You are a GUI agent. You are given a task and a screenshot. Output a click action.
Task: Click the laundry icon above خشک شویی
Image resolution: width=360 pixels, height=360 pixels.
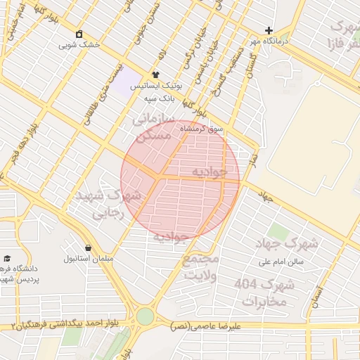pyautogui.click(x=79, y=34)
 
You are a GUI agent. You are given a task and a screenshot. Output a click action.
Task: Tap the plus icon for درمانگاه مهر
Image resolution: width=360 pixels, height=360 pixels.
pyautogui.click(x=269, y=31)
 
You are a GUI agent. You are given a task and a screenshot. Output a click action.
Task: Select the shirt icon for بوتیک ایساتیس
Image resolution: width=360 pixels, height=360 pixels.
pyautogui.click(x=155, y=75)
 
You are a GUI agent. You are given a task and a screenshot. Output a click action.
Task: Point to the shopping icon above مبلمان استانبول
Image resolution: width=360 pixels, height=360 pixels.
pyautogui.click(x=88, y=247)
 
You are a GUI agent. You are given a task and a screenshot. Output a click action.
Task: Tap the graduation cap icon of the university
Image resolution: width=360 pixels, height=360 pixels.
pyautogui.click(x=7, y=258)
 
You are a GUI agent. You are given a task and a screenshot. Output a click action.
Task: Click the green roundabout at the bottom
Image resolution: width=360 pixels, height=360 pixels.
pyautogui.click(x=145, y=316)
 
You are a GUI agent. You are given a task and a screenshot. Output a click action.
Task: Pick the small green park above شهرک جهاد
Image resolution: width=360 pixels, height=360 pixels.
pyautogui.click(x=278, y=231)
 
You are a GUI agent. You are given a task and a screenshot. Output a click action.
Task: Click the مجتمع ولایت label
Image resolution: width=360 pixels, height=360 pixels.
pyautogui.click(x=202, y=266)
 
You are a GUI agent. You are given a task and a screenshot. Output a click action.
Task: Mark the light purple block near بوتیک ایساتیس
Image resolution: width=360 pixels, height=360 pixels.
pyautogui.click(x=127, y=85)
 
